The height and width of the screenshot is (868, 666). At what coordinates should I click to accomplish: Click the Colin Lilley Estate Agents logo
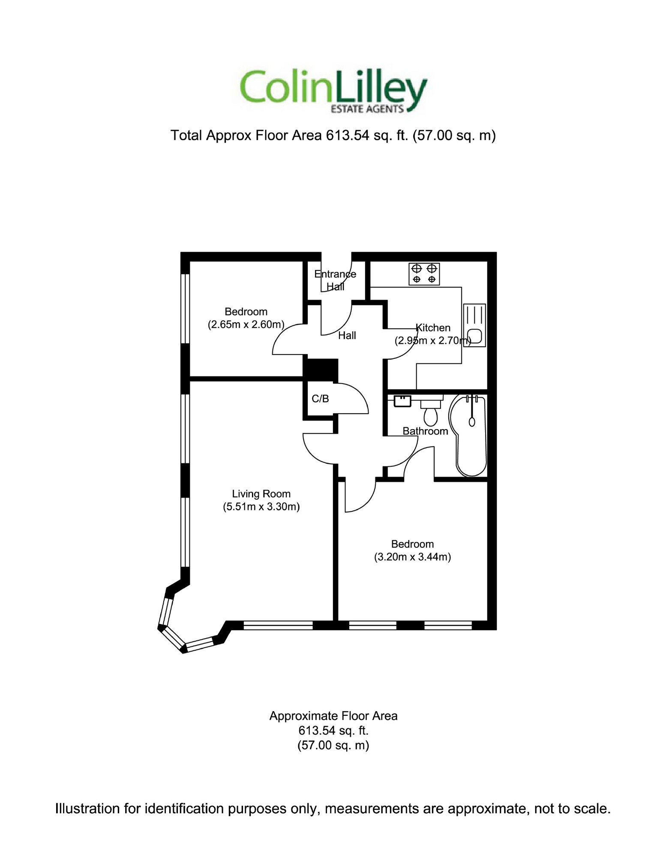pyautogui.click(x=333, y=91)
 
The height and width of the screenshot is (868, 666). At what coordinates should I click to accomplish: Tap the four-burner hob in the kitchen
pyautogui.click(x=424, y=274)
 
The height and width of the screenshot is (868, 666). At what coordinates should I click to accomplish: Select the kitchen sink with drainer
pyautogui.click(x=474, y=325)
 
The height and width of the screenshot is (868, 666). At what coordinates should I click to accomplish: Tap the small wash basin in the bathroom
pyautogui.click(x=402, y=401)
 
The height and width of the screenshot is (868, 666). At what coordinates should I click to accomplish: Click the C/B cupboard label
pyautogui.click(x=320, y=399)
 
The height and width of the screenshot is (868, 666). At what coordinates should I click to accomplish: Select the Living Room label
pyautogui.click(x=261, y=494)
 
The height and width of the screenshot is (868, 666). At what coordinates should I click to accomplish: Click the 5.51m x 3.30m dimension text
pyautogui.click(x=261, y=507)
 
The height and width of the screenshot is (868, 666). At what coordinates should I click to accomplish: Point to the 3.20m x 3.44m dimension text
pyautogui.click(x=412, y=557)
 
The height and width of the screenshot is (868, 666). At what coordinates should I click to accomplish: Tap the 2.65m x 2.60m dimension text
pyautogui.click(x=246, y=324)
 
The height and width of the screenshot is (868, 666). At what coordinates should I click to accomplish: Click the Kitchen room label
pyautogui.click(x=433, y=328)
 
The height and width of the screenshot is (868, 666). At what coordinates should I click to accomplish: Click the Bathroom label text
pyautogui.click(x=425, y=431)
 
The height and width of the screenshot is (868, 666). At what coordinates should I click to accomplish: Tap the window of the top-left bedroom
pyautogui.click(x=185, y=308)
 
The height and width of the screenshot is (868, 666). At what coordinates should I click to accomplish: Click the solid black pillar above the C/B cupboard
pyautogui.click(x=321, y=369)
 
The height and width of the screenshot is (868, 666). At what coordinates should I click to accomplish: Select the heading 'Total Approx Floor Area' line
pyautogui.click(x=333, y=135)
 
